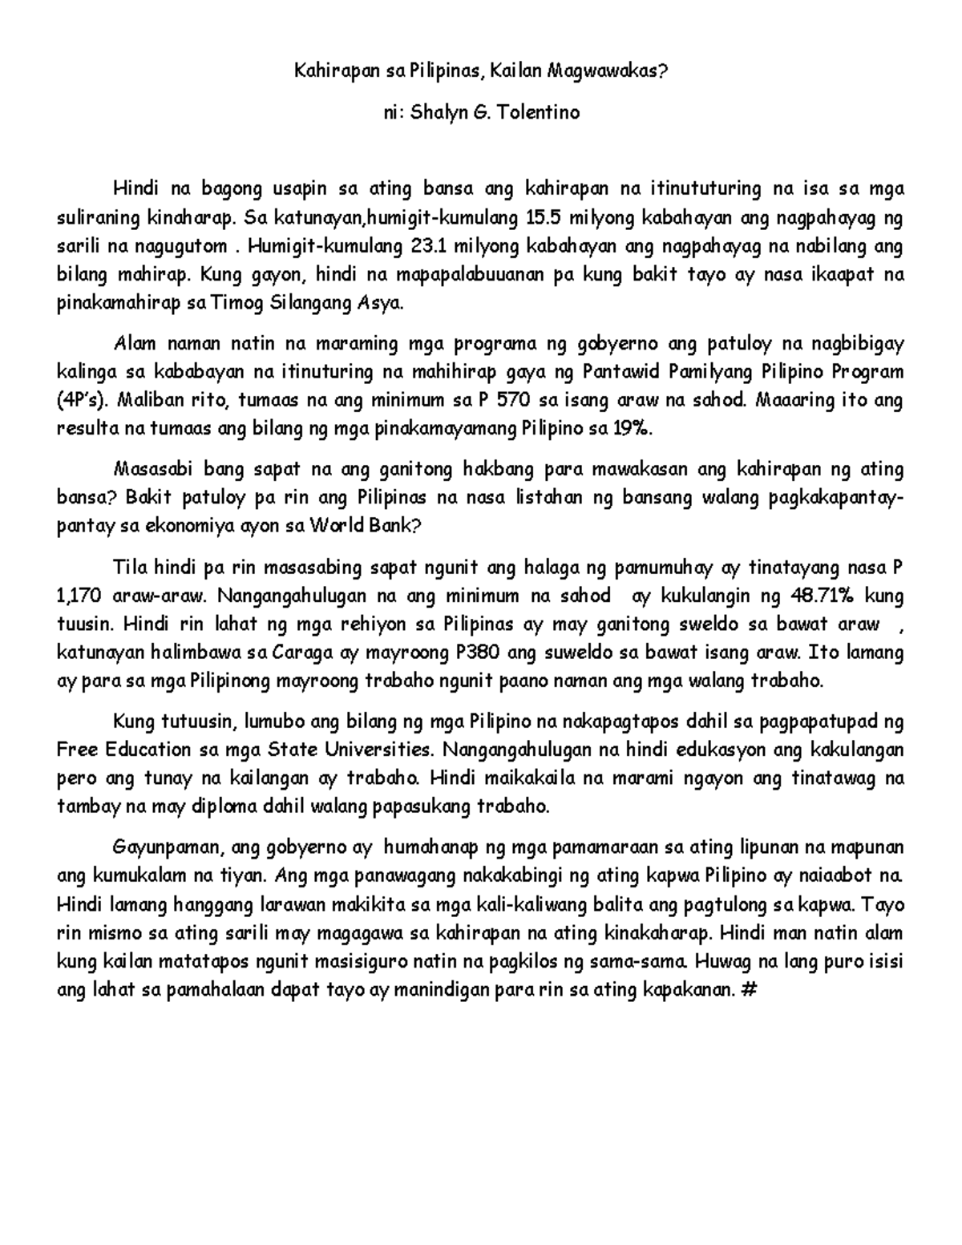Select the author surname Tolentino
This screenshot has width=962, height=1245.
(538, 112)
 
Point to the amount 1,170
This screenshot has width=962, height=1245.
(77, 596)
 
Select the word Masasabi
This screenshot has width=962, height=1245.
(155, 469)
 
